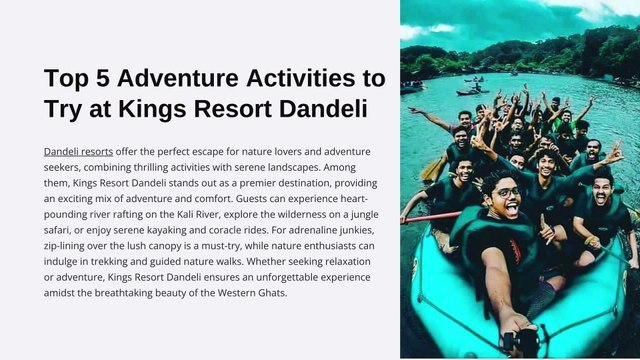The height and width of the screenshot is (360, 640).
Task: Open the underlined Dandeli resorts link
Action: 78,150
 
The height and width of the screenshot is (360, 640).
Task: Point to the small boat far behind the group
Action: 470,91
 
